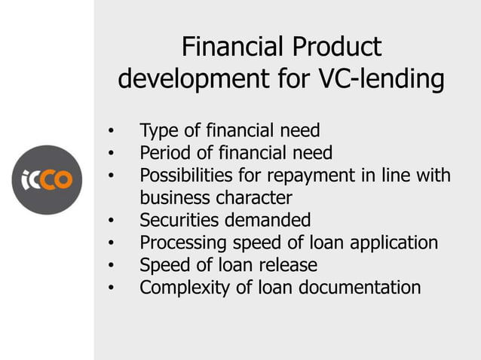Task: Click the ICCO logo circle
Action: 47,180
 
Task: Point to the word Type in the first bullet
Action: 156,131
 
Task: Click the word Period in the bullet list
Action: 161,153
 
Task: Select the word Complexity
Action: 185,288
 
